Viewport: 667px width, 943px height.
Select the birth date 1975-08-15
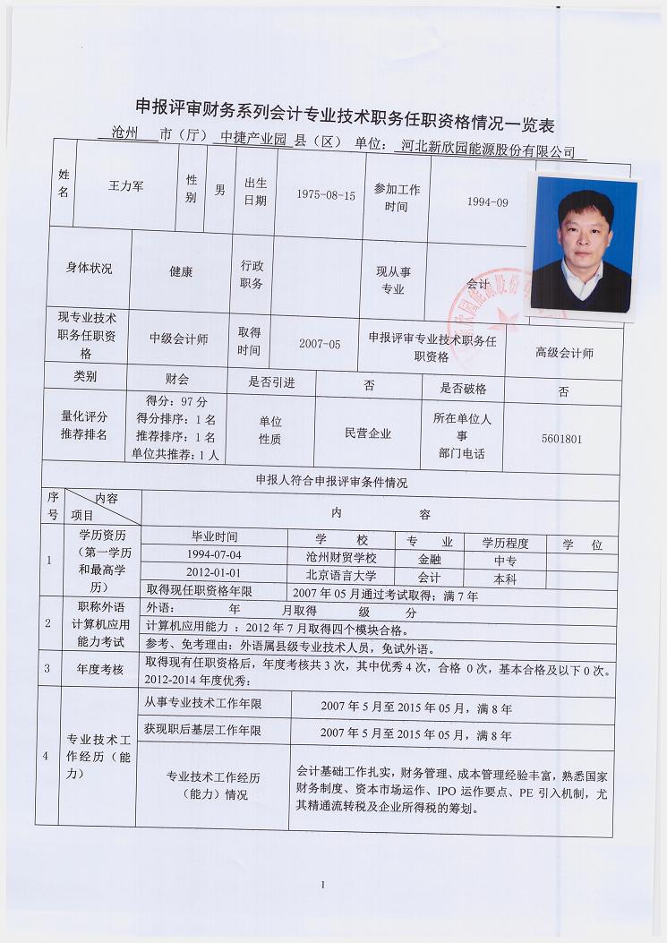tap(326, 194)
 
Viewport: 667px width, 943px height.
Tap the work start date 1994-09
tap(487, 202)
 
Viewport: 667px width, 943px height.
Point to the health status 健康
tap(181, 271)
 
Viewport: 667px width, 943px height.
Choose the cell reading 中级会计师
tap(179, 339)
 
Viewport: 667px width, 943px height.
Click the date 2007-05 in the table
tap(320, 343)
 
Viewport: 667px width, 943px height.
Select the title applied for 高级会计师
tap(564, 353)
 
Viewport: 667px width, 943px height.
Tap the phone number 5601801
tap(562, 439)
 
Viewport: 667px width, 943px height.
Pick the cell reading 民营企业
tap(368, 433)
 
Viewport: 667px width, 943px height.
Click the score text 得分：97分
tap(176, 401)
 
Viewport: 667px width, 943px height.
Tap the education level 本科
tap(505, 579)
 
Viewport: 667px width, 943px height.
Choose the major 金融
tap(429, 558)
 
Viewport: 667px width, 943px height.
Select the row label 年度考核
tap(100, 668)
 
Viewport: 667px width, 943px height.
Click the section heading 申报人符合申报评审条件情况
tap(331, 482)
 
